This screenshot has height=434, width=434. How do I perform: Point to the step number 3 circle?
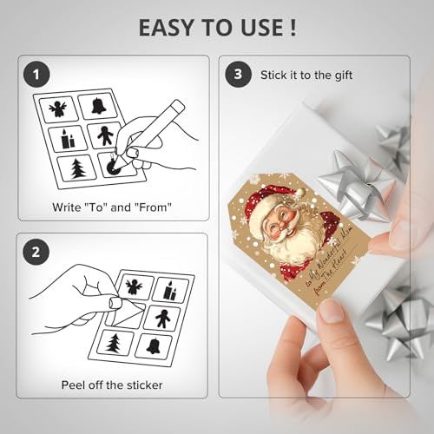coord(238,76)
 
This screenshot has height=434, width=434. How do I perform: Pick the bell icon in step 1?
coord(98,105)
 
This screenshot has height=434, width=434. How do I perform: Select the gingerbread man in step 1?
coord(103,136)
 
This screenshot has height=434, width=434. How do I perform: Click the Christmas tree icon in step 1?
coord(78,168)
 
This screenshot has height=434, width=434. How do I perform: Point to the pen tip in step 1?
coord(111,162)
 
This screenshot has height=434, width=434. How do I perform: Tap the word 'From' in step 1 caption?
coord(155,208)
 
